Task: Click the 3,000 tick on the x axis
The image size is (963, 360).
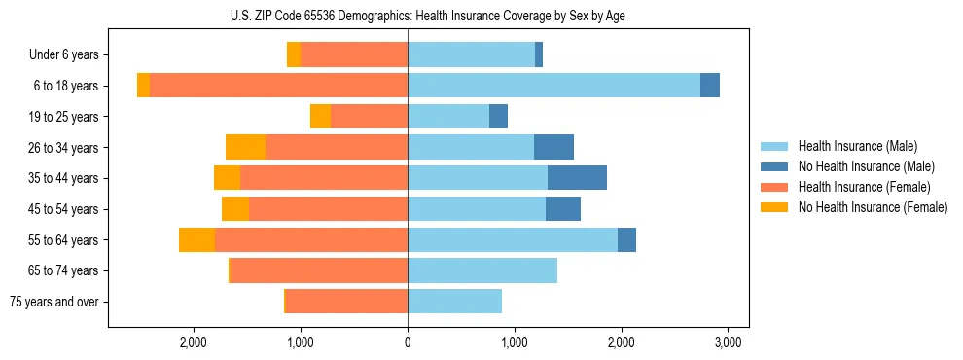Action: (x=729, y=342)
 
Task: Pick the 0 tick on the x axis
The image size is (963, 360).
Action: (x=408, y=342)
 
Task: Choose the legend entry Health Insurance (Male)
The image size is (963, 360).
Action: (x=857, y=146)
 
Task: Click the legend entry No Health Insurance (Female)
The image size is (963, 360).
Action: (x=873, y=207)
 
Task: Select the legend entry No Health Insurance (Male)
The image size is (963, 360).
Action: (x=866, y=166)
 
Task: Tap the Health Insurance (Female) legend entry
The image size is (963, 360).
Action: (x=864, y=187)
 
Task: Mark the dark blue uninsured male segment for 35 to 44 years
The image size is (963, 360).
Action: (x=577, y=178)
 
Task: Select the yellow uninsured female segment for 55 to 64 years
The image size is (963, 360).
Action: (x=196, y=239)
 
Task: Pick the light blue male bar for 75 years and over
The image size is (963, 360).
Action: (x=454, y=302)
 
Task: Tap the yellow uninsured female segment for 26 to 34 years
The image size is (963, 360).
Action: (x=245, y=147)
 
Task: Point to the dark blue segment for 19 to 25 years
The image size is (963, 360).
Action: (x=498, y=117)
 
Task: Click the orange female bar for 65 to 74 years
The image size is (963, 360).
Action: (x=319, y=270)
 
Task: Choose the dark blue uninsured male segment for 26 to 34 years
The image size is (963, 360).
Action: (x=553, y=147)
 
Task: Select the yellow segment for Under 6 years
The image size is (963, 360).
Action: (x=294, y=55)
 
